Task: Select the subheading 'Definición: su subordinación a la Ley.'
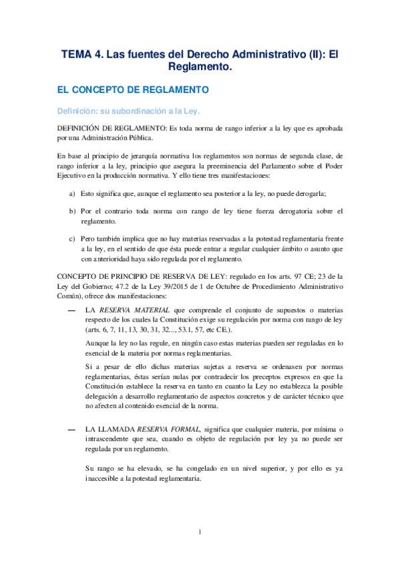(x=128, y=110)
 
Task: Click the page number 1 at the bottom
(x=200, y=532)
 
